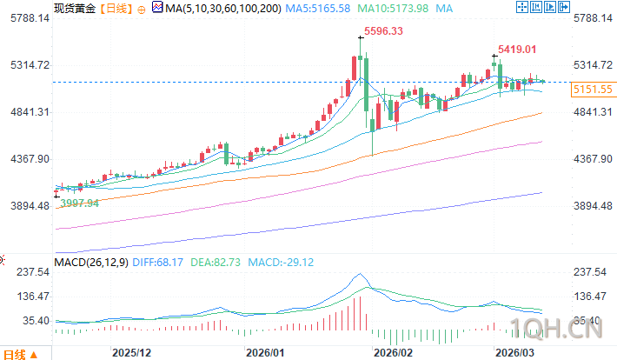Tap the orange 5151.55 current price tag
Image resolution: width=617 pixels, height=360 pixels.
593,90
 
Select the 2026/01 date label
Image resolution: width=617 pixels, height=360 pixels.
265,353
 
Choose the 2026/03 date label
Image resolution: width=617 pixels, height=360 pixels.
512,353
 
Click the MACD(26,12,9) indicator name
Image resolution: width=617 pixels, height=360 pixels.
90,261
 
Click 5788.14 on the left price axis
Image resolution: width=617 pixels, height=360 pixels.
28,18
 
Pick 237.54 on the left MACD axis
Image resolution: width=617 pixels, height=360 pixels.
30,272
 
